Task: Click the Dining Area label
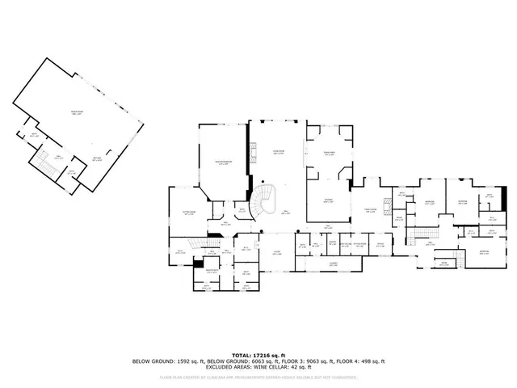[x=330, y=154]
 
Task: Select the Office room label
[x=380, y=245]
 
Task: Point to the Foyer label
[x=275, y=252]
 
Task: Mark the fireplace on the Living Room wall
[x=253, y=152]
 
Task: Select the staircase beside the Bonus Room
[x=44, y=166]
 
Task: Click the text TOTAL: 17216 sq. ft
[x=258, y=354]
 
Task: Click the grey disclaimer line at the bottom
[x=258, y=377]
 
